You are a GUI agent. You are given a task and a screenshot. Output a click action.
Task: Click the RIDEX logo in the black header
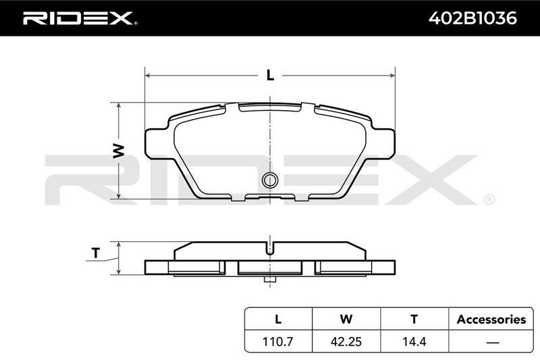(x=80, y=18)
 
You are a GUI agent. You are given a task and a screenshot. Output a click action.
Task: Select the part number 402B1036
(x=473, y=18)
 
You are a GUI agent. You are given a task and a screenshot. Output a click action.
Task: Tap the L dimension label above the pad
(x=271, y=75)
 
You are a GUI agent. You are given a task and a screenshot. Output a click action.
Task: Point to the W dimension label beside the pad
(x=119, y=151)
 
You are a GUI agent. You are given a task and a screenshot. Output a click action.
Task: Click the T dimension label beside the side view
(x=96, y=253)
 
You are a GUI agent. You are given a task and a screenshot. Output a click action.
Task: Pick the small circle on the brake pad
(x=269, y=180)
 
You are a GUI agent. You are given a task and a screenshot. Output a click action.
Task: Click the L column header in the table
(x=278, y=319)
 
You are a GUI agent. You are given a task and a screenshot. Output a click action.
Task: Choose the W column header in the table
(x=346, y=319)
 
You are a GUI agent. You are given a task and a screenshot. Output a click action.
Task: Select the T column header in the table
(x=414, y=319)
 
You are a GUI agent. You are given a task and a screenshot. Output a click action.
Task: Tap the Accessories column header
(x=491, y=319)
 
